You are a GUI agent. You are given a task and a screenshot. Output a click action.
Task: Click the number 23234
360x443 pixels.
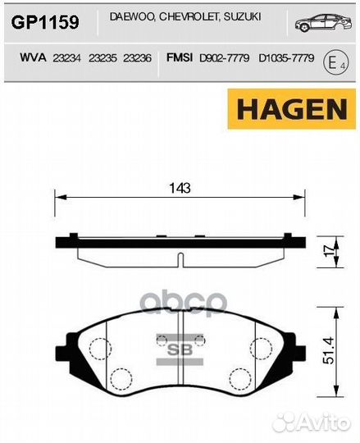coord(65,58)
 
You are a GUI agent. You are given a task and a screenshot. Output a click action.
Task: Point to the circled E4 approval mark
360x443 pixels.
coord(332,61)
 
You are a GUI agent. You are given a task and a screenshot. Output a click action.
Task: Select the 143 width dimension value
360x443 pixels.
coord(180,187)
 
